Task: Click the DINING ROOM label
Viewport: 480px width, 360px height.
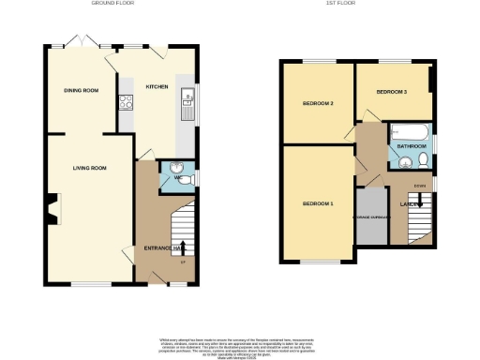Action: click(81, 90)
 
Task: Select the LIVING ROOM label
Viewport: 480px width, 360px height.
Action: click(90, 168)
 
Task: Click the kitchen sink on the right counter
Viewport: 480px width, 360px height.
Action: click(187, 98)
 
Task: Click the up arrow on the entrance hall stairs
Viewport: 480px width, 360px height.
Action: click(182, 247)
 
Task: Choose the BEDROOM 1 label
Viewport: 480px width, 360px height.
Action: click(317, 203)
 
